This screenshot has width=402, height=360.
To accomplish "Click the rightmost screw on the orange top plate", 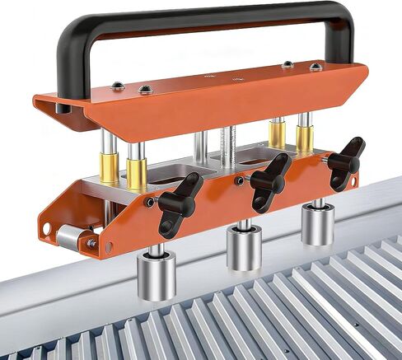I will [x=314, y=67].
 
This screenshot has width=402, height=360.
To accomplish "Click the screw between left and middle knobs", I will [x=237, y=180].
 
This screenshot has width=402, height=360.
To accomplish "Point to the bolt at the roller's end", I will [x=91, y=244].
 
